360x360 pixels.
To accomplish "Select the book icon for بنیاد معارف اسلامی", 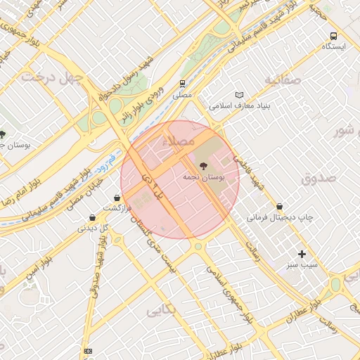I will [x=240, y=95].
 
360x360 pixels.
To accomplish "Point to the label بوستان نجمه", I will [x=203, y=179].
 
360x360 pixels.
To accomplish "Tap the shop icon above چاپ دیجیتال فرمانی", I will [x=281, y=206].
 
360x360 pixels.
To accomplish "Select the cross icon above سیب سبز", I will [x=302, y=254].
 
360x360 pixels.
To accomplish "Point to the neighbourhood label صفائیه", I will [x=283, y=79].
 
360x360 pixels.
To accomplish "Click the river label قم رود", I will [x=107, y=165].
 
